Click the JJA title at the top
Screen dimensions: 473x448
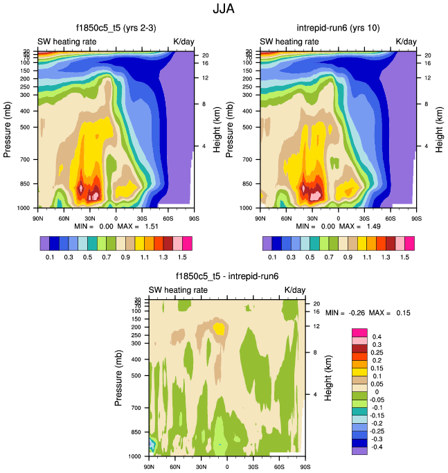coord(223,10)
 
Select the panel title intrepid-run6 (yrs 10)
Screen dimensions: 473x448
coord(338,29)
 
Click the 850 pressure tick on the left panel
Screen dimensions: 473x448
coord(28,184)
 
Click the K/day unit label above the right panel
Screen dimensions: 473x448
coord(406,42)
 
